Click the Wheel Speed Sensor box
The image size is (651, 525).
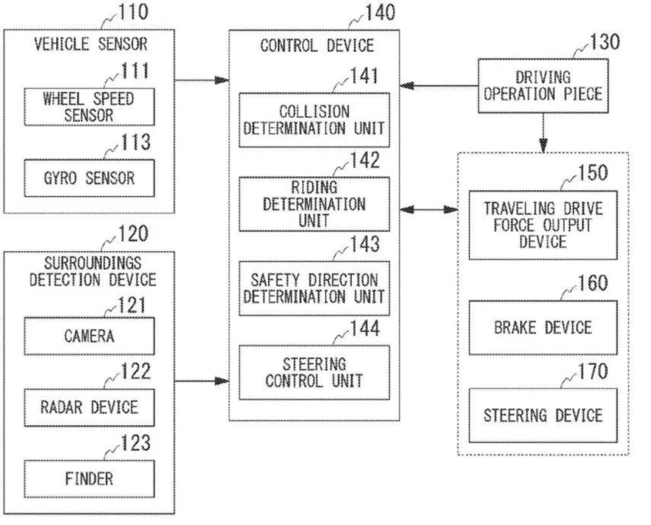click(x=90, y=107)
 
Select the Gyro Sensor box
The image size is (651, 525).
click(x=90, y=178)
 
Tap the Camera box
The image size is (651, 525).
click(x=90, y=336)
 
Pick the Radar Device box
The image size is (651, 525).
click(x=90, y=408)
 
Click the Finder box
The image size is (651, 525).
click(x=90, y=479)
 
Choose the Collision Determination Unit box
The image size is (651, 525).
click(x=315, y=120)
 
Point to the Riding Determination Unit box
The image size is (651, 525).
click(x=315, y=204)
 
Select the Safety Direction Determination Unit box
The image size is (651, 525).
click(x=315, y=289)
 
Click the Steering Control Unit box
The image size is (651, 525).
click(x=315, y=373)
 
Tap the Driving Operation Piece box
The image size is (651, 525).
click(x=544, y=86)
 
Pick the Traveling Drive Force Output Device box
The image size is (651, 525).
click(x=543, y=225)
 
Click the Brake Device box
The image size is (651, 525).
click(x=543, y=328)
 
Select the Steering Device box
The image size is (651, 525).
click(x=543, y=415)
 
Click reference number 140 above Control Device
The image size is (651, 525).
click(x=380, y=12)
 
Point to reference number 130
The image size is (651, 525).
click(x=605, y=42)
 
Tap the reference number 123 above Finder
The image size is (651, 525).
click(x=136, y=443)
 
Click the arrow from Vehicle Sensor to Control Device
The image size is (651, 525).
click(x=202, y=80)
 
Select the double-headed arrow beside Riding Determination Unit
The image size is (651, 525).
click(x=429, y=209)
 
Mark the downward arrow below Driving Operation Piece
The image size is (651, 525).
click(x=544, y=133)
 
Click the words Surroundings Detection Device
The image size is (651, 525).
click(x=93, y=272)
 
